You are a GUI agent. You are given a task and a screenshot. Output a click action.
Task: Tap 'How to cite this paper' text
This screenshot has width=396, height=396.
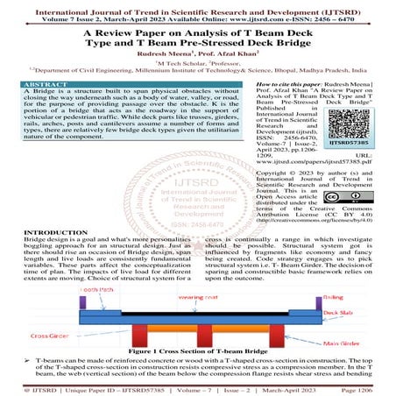(x=281, y=102)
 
